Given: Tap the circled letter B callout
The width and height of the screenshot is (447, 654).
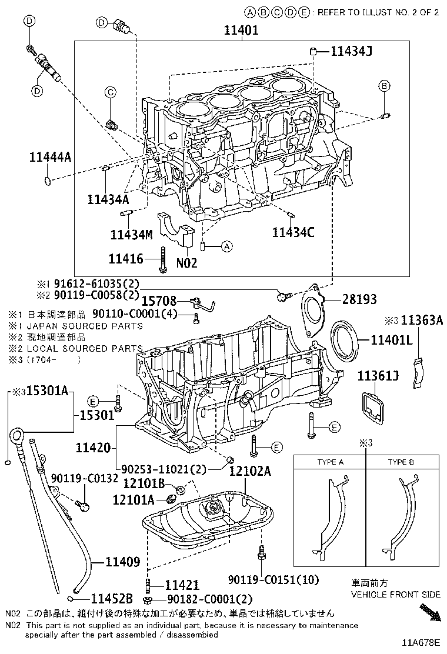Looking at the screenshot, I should (x=383, y=86).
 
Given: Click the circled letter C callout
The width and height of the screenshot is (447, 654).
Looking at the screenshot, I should (x=109, y=91).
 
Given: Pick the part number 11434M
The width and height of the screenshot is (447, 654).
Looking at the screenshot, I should (x=131, y=234).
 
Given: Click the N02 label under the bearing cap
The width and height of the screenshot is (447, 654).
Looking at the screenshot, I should (x=186, y=263).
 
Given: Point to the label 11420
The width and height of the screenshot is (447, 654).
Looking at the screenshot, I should (x=92, y=448).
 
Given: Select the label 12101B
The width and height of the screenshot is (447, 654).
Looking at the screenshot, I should (x=144, y=483).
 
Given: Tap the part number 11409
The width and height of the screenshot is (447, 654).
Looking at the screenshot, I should (x=122, y=562).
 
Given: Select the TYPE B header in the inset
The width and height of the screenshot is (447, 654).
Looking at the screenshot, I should (x=401, y=462).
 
